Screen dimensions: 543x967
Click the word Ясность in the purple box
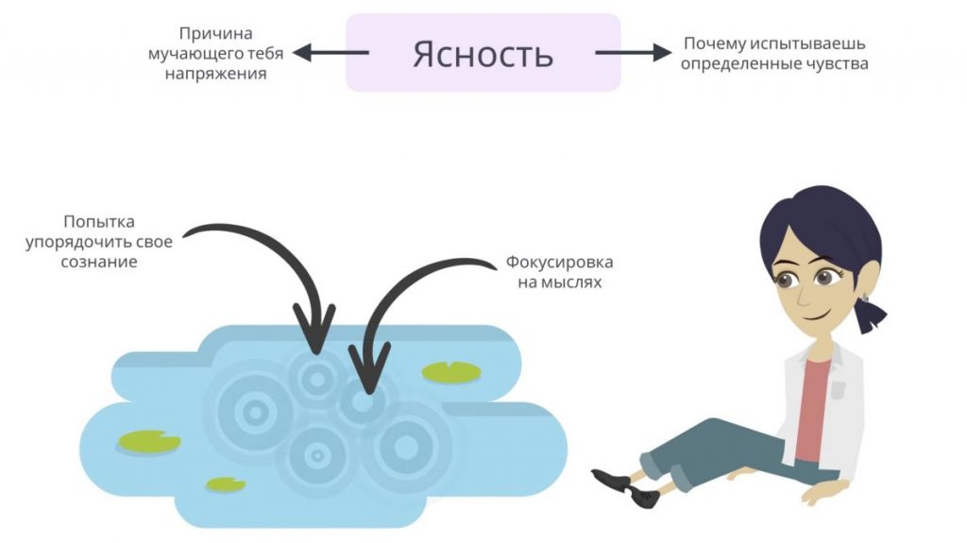click(483, 54)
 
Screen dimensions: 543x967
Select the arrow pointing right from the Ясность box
click(632, 54)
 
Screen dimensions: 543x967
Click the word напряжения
click(215, 74)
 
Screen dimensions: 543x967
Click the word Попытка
click(99, 222)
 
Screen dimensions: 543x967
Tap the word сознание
click(99, 262)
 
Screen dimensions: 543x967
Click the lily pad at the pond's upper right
click(451, 372)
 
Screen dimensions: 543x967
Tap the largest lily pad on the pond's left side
click(149, 441)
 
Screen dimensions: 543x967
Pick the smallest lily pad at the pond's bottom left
click(226, 484)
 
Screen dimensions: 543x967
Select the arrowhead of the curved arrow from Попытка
click(315, 330)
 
